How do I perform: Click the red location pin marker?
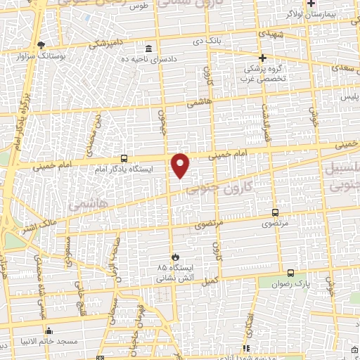click(181, 165)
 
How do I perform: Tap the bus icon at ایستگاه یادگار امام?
click(124, 158)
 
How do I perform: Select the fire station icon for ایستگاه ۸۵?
click(176, 257)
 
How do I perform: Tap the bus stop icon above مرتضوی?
click(275, 213)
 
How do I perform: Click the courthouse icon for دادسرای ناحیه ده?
click(148, 49)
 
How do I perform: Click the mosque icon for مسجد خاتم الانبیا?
click(49, 330)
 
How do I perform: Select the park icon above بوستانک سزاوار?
click(41, 44)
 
